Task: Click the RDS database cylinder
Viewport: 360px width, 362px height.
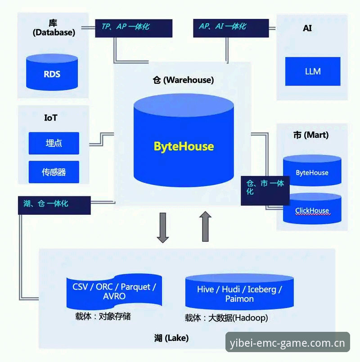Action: pos(52,72)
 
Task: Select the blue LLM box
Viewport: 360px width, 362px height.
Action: pos(313,71)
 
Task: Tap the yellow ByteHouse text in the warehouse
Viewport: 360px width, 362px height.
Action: pos(184,146)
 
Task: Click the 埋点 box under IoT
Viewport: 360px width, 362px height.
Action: pos(54,143)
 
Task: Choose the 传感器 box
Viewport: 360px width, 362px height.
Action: pos(54,172)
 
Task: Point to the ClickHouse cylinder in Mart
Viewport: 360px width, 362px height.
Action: pos(312,208)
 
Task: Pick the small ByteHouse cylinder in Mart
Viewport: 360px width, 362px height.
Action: pos(312,170)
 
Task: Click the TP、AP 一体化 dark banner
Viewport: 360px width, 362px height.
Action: pos(134,28)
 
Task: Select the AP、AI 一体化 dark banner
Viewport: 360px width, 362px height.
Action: pos(231,28)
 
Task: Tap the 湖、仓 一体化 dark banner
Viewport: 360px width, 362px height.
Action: pos(54,205)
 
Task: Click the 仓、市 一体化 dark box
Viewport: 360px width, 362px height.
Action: pos(265,191)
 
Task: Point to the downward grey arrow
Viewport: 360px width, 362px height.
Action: pos(163,228)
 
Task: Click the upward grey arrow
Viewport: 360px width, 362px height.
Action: pos(205,226)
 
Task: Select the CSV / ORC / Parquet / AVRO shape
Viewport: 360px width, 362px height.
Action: pos(114,292)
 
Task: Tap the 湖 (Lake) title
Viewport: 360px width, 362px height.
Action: pos(171,338)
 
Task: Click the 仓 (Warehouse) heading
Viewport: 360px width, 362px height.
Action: pos(183,80)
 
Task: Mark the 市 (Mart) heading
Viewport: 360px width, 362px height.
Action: pos(311,135)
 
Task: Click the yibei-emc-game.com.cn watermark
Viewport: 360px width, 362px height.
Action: pos(288,343)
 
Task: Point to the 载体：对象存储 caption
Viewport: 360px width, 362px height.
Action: pos(103,316)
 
